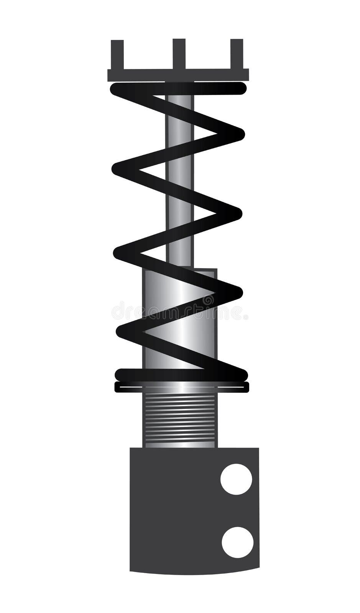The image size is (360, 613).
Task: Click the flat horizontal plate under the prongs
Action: coord(178,75)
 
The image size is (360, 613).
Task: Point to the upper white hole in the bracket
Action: coord(236,479)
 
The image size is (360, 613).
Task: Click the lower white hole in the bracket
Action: coord(237,542)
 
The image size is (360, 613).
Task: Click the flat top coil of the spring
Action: coord(178,89)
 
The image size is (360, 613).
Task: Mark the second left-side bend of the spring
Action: coord(120,253)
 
